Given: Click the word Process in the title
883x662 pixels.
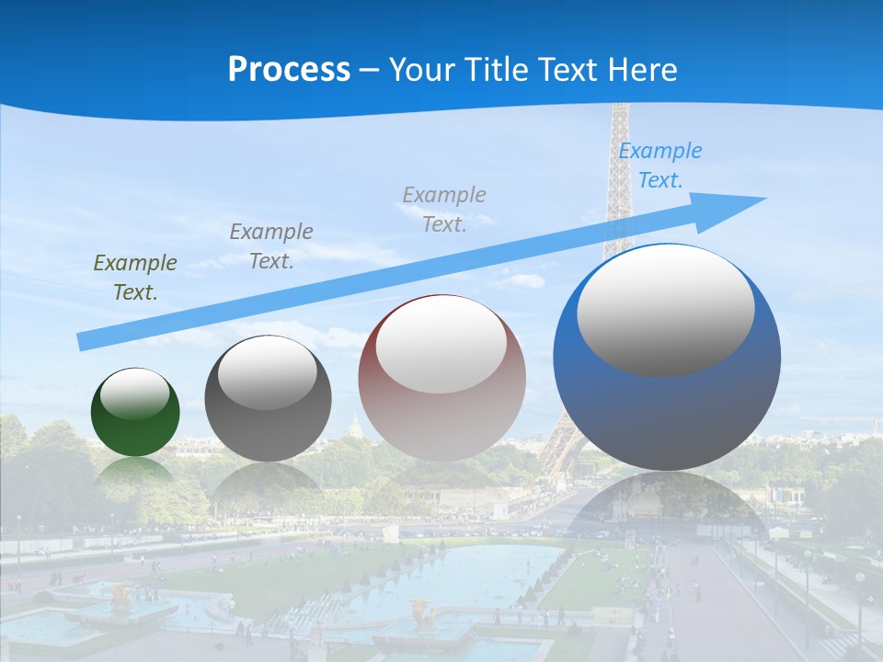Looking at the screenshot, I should click(x=289, y=70).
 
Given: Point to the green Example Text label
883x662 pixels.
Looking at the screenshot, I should click(x=135, y=278).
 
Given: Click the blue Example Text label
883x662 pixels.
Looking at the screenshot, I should click(x=659, y=165).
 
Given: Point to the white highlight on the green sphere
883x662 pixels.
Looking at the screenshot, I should click(x=135, y=394).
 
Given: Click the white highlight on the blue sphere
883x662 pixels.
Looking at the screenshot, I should click(x=665, y=311).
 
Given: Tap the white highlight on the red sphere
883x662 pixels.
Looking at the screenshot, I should click(x=441, y=345).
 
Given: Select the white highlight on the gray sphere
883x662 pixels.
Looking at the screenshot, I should click(x=268, y=372).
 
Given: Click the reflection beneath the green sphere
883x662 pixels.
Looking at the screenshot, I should click(x=135, y=470).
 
